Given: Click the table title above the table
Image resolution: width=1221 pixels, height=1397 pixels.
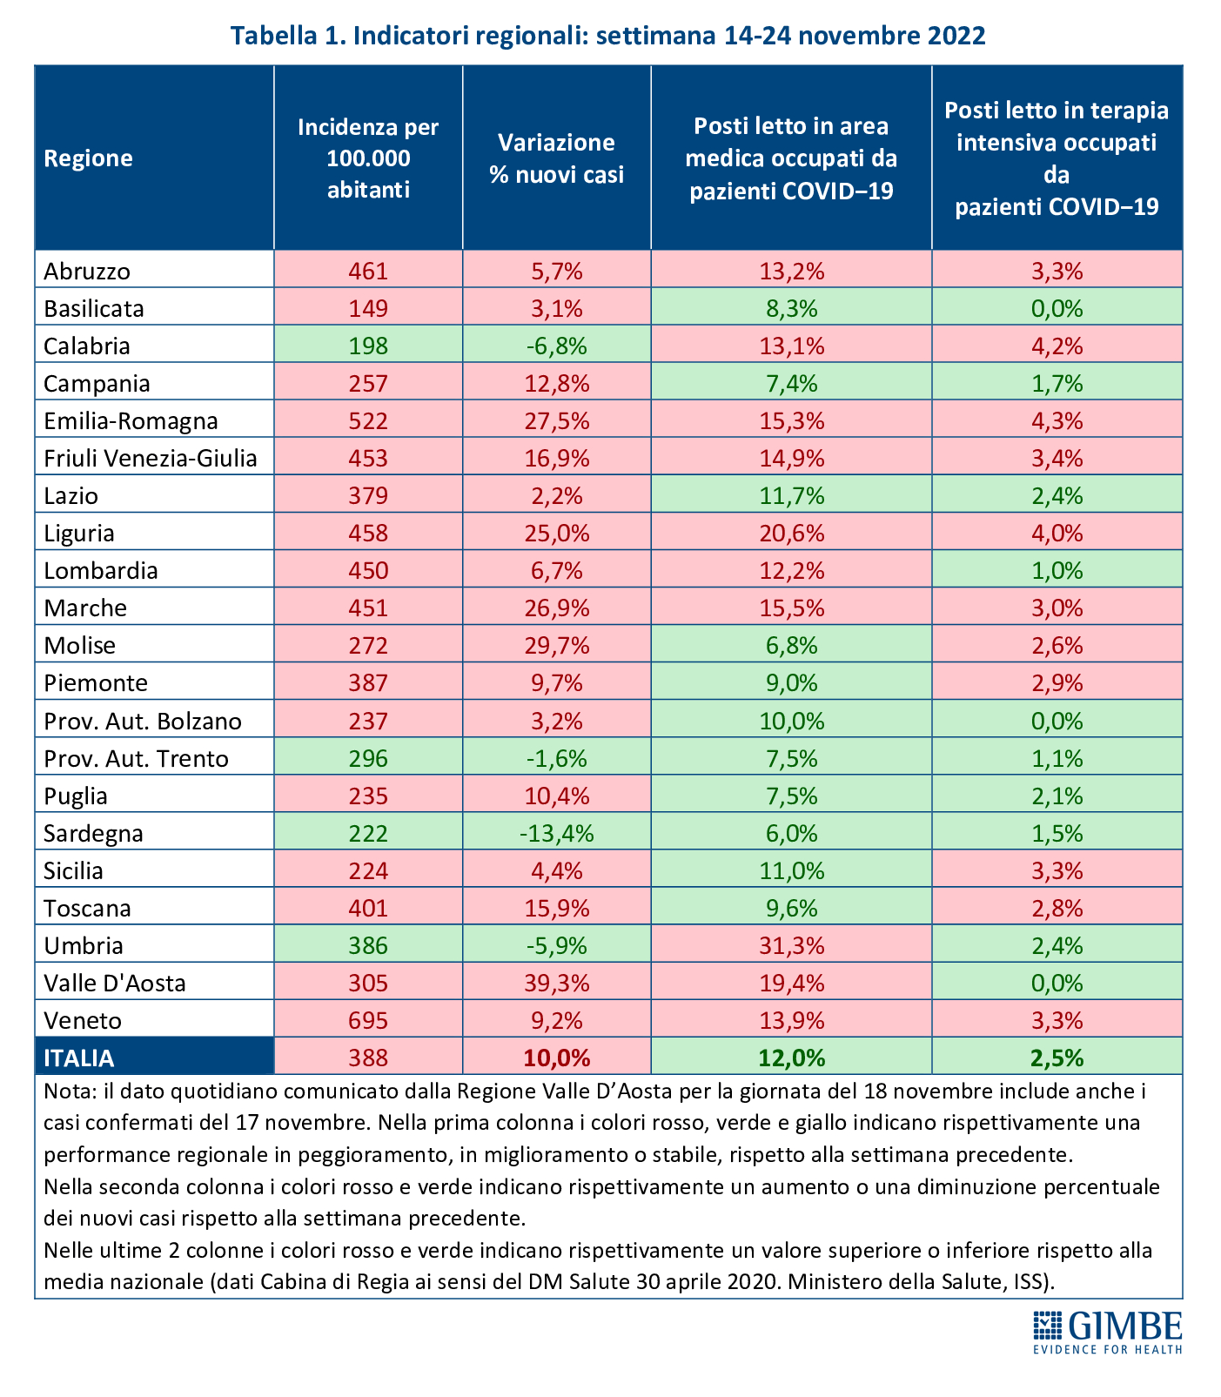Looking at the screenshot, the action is pyautogui.click(x=608, y=36).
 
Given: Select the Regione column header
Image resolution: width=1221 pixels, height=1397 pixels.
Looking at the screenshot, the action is pyautogui.click(x=89, y=158).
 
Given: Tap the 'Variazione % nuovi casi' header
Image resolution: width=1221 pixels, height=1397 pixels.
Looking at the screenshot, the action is pyautogui.click(x=556, y=158).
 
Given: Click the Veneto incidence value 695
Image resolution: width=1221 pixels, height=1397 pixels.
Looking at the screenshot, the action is pyautogui.click(x=368, y=1020).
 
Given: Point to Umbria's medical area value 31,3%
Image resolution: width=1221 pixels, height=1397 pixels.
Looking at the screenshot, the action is pyautogui.click(x=791, y=945).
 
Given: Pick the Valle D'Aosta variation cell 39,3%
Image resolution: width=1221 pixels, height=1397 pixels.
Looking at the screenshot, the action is pyautogui.click(x=556, y=983).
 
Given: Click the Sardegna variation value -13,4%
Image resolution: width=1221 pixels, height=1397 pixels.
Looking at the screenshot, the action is pyautogui.click(x=556, y=833).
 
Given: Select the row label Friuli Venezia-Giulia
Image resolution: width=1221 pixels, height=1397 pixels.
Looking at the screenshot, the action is pyautogui.click(x=151, y=458).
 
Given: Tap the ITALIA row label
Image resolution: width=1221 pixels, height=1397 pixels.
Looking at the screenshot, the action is pyautogui.click(x=79, y=1058).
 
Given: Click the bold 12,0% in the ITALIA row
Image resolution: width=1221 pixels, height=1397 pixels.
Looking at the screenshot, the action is pyautogui.click(x=791, y=1058).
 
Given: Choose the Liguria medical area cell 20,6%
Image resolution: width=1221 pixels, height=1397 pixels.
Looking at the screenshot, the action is pyautogui.click(x=791, y=533).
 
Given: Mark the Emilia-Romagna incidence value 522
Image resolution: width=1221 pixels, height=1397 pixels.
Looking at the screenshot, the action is pyautogui.click(x=368, y=420).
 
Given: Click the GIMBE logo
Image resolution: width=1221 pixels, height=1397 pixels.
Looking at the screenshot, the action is pyautogui.click(x=1107, y=1331).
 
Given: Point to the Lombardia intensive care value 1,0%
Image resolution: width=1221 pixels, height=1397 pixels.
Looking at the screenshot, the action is pyautogui.click(x=1057, y=570).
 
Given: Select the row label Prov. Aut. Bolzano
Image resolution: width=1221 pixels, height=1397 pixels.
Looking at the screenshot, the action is pyautogui.click(x=143, y=721).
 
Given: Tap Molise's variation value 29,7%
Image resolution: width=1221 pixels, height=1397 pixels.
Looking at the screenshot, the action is pyautogui.click(x=556, y=645).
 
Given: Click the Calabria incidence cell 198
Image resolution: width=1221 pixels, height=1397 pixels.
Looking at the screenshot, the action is pyautogui.click(x=368, y=346).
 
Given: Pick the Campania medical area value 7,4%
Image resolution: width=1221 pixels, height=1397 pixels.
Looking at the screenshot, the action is pyautogui.click(x=791, y=383).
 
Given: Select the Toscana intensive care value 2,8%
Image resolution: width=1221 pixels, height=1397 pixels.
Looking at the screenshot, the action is pyautogui.click(x=1057, y=908).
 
